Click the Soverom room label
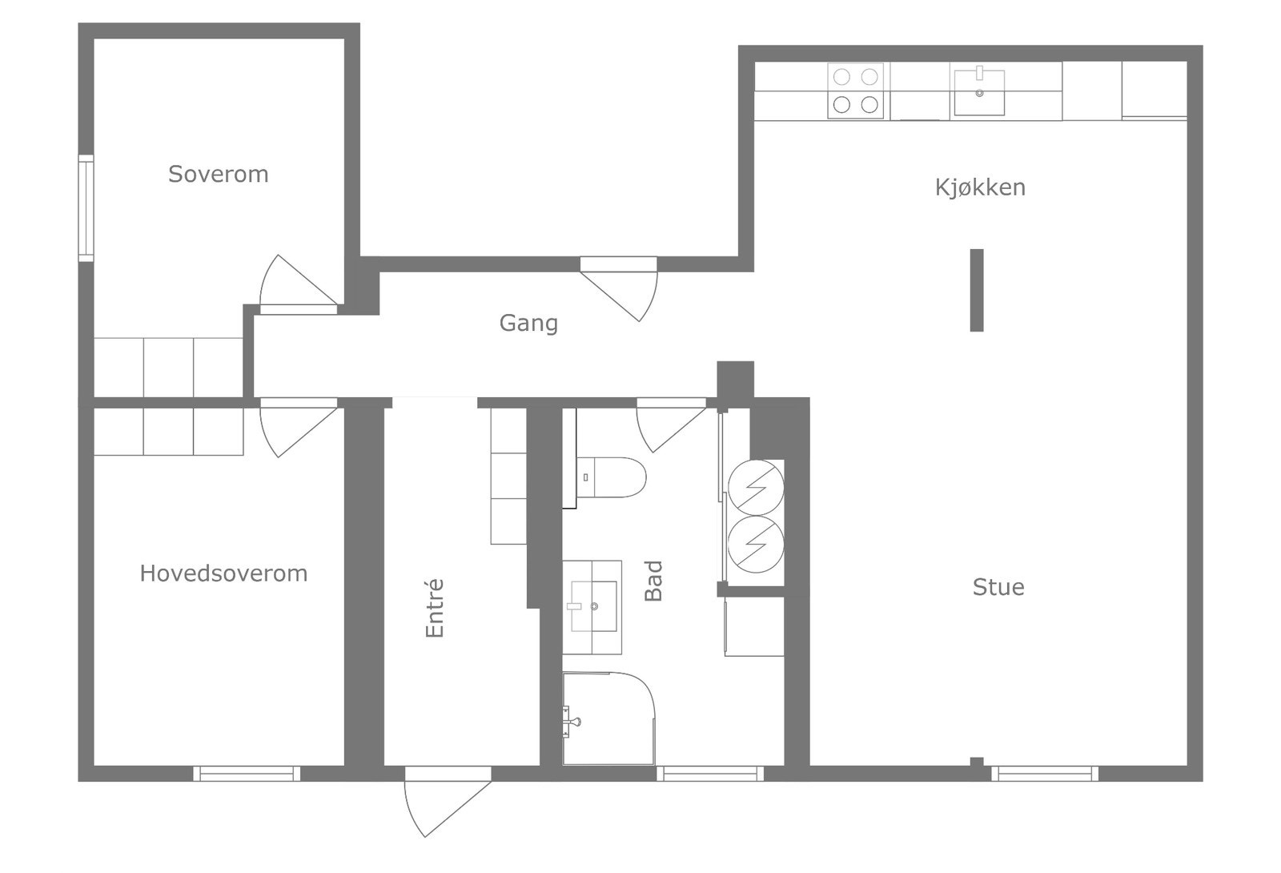(218, 174)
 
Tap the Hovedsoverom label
(223, 573)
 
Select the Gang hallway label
(528, 323)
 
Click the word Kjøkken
(980, 187)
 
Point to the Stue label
(998, 587)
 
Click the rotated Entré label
(434, 609)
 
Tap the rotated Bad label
(654, 581)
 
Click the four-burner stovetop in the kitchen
(855, 91)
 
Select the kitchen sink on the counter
(978, 92)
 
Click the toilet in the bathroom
(612, 477)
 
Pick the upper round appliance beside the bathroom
(755, 486)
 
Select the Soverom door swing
(293, 284)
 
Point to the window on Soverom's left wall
(86, 208)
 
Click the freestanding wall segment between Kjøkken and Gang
(976, 290)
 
